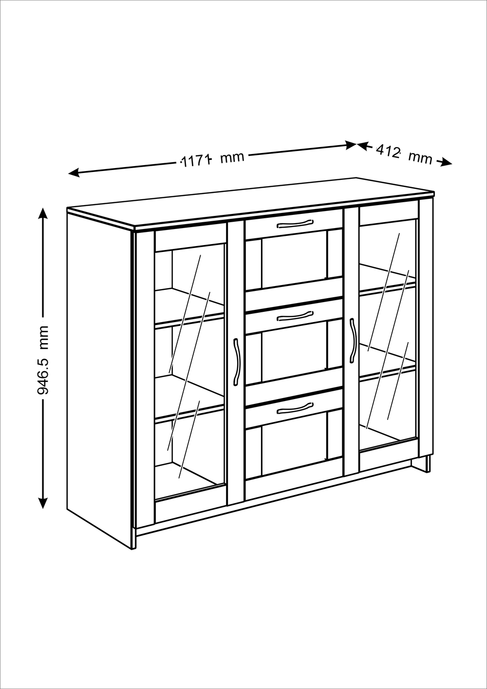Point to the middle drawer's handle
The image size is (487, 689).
click(295, 316)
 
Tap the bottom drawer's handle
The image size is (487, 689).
click(295, 408)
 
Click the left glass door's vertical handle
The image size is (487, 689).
click(236, 362)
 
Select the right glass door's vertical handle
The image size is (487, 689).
click(352, 341)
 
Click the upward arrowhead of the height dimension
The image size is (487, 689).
click(43, 213)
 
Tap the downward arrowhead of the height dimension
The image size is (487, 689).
click(43, 503)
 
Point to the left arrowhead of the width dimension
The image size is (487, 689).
click(74, 172)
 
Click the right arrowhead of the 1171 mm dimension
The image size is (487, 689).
click(351, 145)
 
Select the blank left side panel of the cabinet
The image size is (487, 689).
click(100, 378)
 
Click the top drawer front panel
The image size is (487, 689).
click(294, 225)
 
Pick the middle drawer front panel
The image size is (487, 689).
click(294, 317)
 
